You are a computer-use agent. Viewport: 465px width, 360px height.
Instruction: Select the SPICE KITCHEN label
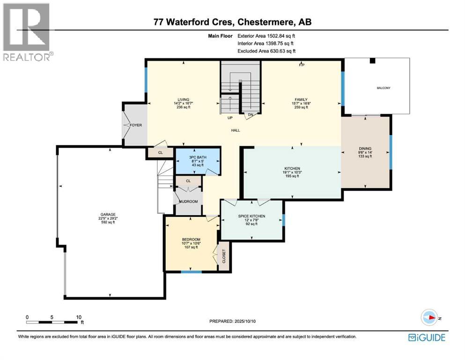252,216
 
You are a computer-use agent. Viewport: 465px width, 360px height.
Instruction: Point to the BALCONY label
383,88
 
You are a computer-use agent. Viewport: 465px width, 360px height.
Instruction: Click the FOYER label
136,125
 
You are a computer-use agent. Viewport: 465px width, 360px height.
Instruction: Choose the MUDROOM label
188,202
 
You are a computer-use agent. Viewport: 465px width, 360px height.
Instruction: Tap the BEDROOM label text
191,239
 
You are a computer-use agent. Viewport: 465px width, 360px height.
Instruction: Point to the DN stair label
251,115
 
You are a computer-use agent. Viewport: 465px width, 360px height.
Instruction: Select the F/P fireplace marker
302,65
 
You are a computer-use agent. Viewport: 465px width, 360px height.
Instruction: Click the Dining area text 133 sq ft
365,157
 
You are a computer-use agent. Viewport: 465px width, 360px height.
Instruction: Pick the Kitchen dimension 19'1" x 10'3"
292,172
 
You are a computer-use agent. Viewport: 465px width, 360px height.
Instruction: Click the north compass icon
428,317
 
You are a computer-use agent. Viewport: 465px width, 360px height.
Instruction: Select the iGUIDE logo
426,337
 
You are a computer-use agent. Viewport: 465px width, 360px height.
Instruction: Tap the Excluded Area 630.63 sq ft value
280,51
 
